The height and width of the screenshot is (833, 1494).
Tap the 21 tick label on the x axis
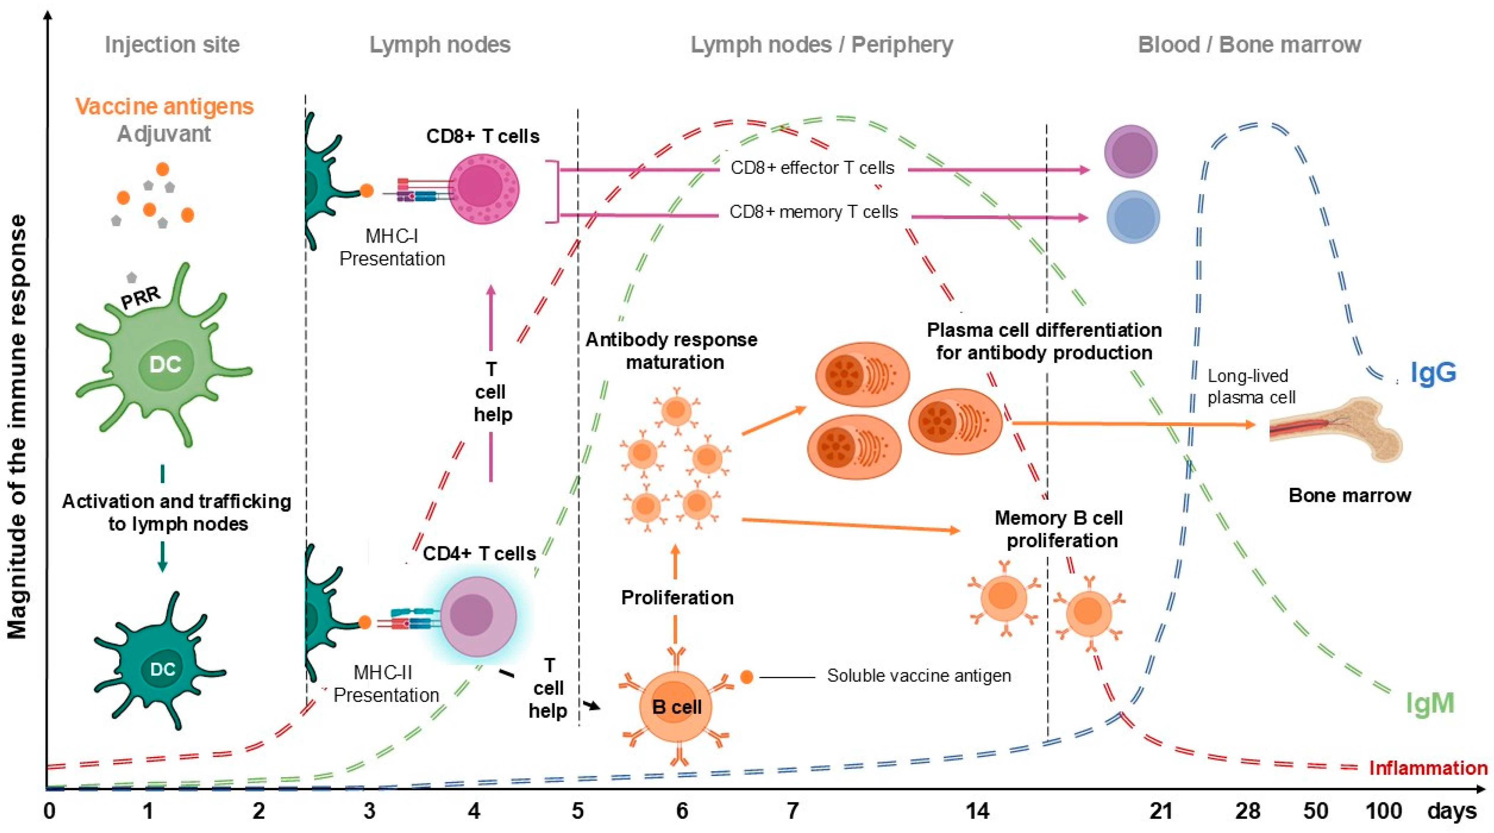click(1161, 811)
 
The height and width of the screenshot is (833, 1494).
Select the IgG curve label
click(1433, 372)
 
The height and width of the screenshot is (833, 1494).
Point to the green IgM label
click(1430, 703)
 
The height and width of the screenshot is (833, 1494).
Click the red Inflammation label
click(1428, 768)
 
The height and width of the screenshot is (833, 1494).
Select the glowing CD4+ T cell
click(477, 616)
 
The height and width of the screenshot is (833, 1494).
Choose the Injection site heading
click(172, 45)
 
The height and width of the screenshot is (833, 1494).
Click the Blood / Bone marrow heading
click(1249, 45)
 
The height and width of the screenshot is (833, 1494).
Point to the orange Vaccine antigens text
click(165, 106)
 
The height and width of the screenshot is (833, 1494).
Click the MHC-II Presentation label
click(386, 684)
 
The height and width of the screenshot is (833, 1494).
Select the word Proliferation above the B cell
click(677, 597)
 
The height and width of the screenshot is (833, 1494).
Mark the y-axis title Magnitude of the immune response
click(17, 426)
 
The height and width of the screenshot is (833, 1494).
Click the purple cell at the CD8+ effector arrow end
click(1130, 152)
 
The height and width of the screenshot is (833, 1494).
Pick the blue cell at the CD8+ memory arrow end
click(1133, 217)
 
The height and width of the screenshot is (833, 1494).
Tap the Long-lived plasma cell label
click(1251, 387)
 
